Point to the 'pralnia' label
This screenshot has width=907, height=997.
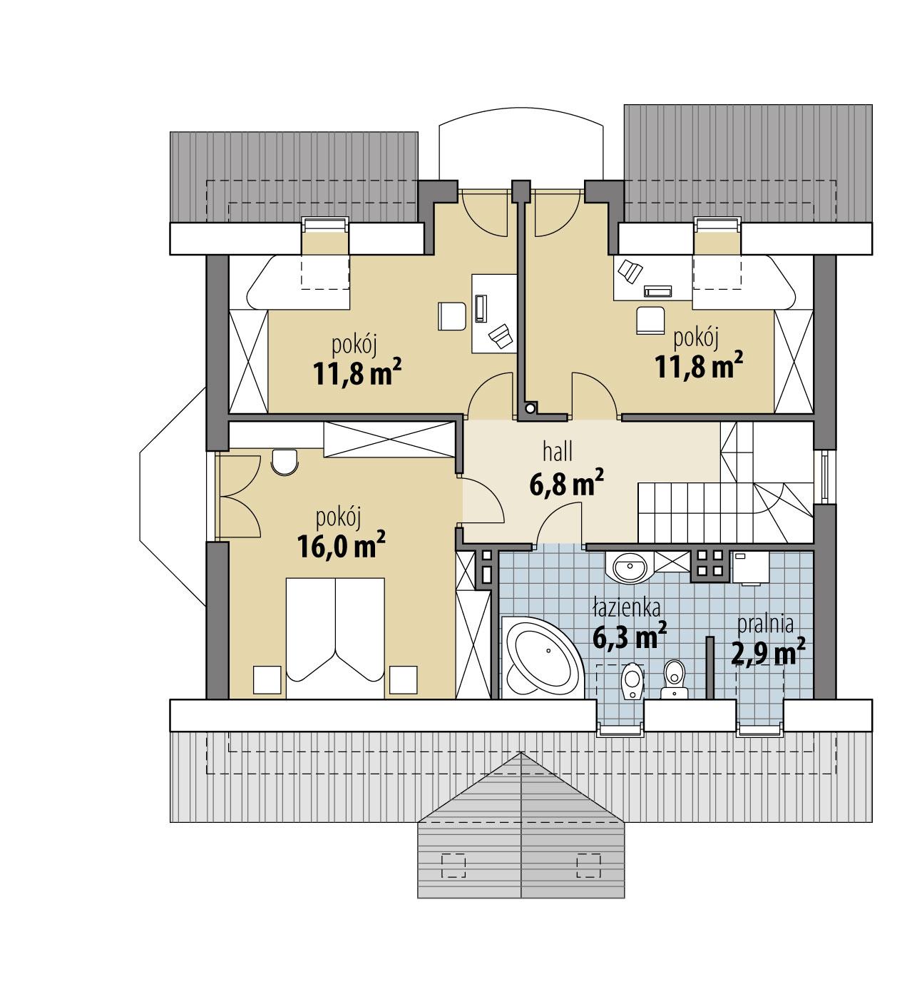(x=765, y=624)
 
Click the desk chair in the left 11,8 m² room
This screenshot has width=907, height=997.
(x=451, y=315)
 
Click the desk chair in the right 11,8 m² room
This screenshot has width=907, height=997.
(x=650, y=318)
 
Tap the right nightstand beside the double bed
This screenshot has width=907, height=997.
(x=402, y=679)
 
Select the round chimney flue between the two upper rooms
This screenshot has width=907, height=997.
(x=529, y=408)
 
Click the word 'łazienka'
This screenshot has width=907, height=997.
(x=626, y=607)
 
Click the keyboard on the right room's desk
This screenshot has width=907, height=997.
(x=657, y=290)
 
